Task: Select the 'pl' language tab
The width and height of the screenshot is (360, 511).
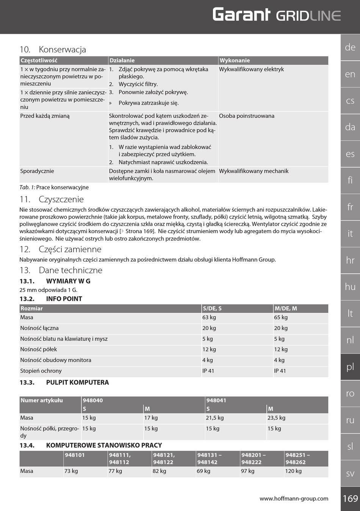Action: pyautogui.click(x=350, y=367)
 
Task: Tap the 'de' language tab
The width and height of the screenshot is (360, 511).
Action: pyautogui.click(x=350, y=47)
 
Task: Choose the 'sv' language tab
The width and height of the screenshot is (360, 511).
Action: pyautogui.click(x=350, y=473)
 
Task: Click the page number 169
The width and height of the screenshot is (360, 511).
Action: pyautogui.click(x=350, y=498)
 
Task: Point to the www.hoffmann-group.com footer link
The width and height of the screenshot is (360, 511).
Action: pyautogui.click(x=294, y=498)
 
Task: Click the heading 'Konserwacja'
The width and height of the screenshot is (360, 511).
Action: pyautogui.click(x=62, y=49)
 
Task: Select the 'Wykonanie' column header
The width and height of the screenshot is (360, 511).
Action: pyautogui.click(x=235, y=60)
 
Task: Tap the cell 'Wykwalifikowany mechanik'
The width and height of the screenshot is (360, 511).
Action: pyautogui.click(x=254, y=171)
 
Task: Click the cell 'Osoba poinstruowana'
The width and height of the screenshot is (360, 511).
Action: pyautogui.click(x=246, y=116)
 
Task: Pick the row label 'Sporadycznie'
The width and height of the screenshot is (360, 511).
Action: pyautogui.click(x=37, y=171)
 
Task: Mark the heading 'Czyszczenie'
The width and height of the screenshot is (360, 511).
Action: pyautogui.click(x=61, y=199)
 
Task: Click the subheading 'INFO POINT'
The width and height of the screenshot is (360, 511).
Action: pyautogui.click(x=64, y=299)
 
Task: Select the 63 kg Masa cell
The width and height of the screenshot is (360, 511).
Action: pyautogui.click(x=209, y=317)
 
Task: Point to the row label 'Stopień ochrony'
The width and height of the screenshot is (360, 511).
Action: pyautogui.click(x=41, y=371)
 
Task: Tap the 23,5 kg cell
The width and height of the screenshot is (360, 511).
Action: pyautogui.click(x=276, y=418)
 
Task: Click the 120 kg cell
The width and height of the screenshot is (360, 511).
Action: pyautogui.click(x=293, y=471)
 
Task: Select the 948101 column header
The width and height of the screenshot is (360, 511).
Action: pyautogui.click(x=75, y=455)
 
